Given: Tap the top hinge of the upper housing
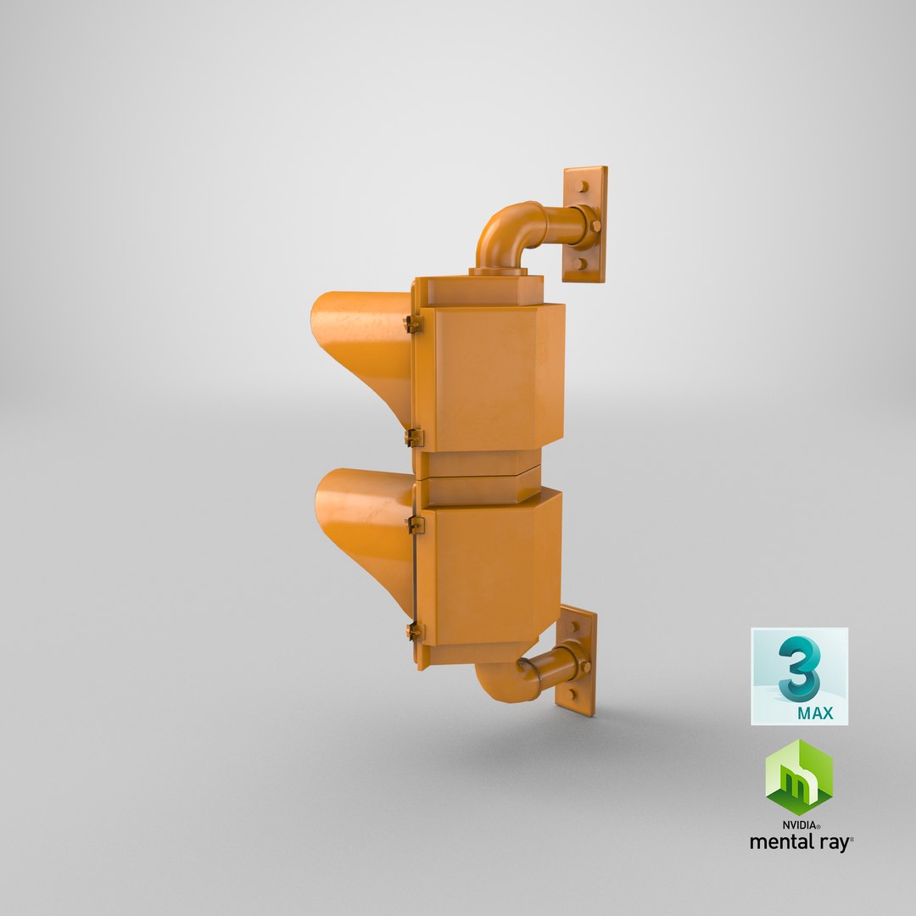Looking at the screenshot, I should click(x=413, y=324).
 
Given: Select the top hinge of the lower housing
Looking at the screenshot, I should click(x=415, y=524).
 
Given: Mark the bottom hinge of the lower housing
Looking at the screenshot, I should click(x=414, y=631).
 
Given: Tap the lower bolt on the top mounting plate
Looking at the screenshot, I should click(x=580, y=263).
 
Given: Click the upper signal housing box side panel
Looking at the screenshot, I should click(x=489, y=377).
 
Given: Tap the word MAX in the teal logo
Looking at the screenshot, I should click(x=815, y=713).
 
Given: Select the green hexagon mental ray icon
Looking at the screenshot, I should click(x=798, y=777).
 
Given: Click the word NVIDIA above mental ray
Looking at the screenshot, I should click(x=799, y=824).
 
